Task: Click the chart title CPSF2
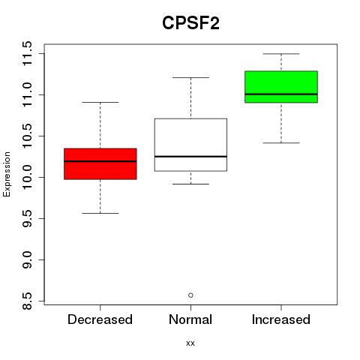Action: click(x=190, y=23)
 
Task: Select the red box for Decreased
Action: click(x=100, y=164)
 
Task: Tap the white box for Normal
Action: click(x=190, y=145)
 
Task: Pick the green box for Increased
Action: click(x=281, y=87)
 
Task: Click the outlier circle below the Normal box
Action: click(x=190, y=295)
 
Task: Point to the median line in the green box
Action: click(x=281, y=94)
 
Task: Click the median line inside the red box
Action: click(x=100, y=161)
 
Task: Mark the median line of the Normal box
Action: click(x=190, y=157)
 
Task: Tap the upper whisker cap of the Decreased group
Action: click(x=100, y=102)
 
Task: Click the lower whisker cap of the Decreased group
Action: click(x=100, y=213)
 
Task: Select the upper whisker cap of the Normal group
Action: click(x=190, y=77)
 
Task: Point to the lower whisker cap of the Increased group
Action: click(x=281, y=142)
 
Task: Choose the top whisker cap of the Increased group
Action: click(x=281, y=54)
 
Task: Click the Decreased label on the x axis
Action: click(x=100, y=319)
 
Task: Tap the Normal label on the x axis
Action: click(x=190, y=319)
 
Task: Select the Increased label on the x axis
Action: click(x=281, y=319)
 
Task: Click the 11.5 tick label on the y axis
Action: click(x=27, y=54)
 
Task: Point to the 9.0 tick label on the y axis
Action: click(x=27, y=259)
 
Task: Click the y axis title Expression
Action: click(x=7, y=174)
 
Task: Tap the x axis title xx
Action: click(x=190, y=343)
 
